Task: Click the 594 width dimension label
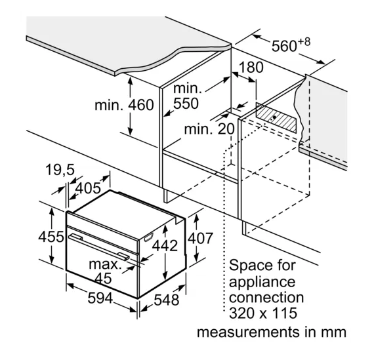pyautogui.click(x=100, y=298)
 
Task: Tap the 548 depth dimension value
pyautogui.click(x=166, y=300)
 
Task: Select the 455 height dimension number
pyautogui.click(x=51, y=237)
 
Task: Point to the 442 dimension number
pyautogui.click(x=165, y=245)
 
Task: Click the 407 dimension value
pyautogui.click(x=200, y=238)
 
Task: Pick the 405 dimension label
pyautogui.click(x=88, y=188)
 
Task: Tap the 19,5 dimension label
pyautogui.click(x=60, y=170)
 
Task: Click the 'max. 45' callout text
pyautogui.click(x=104, y=271)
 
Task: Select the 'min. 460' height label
pyautogui.click(x=124, y=105)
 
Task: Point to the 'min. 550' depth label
pyautogui.click(x=186, y=96)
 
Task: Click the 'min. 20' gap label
pyautogui.click(x=209, y=129)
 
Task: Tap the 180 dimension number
pyautogui.click(x=251, y=68)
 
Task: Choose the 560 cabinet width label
pyautogui.click(x=284, y=46)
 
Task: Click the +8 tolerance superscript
pyautogui.click(x=304, y=42)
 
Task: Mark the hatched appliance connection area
pyautogui.click(x=276, y=117)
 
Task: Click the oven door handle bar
pyautogui.click(x=99, y=247)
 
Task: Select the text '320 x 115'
pyautogui.click(x=263, y=313)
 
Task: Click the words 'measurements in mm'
pyautogui.click(x=272, y=332)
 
